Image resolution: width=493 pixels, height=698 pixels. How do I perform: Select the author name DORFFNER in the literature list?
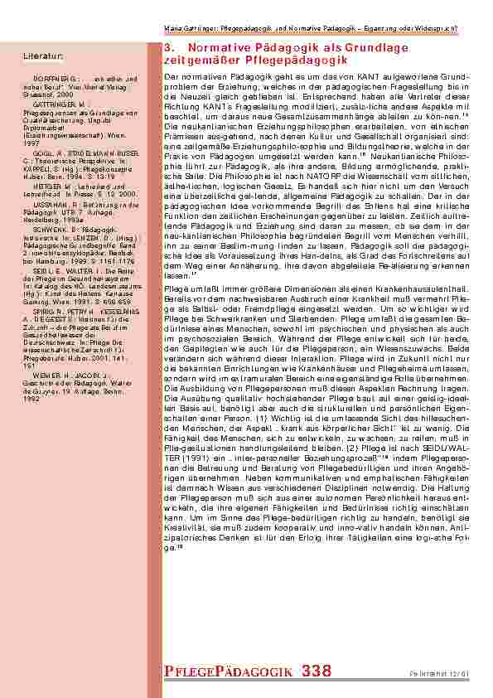[50, 77]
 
